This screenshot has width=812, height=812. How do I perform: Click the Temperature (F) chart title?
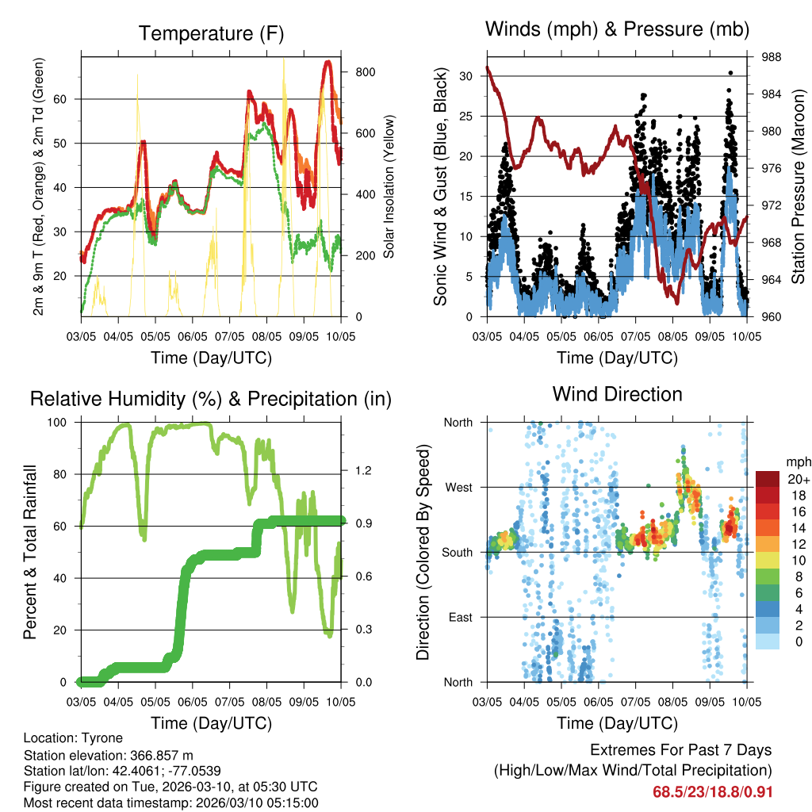[211, 33]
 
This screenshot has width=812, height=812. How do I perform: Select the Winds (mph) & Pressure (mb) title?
[618, 30]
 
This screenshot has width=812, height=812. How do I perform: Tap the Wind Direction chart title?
[617, 393]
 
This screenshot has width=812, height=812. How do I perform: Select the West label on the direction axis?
[458, 488]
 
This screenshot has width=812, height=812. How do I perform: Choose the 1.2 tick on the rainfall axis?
[363, 471]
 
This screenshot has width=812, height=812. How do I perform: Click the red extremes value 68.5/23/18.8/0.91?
[712, 792]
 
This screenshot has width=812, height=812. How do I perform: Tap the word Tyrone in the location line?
[105, 738]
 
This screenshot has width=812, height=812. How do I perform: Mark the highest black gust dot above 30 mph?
[730, 73]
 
